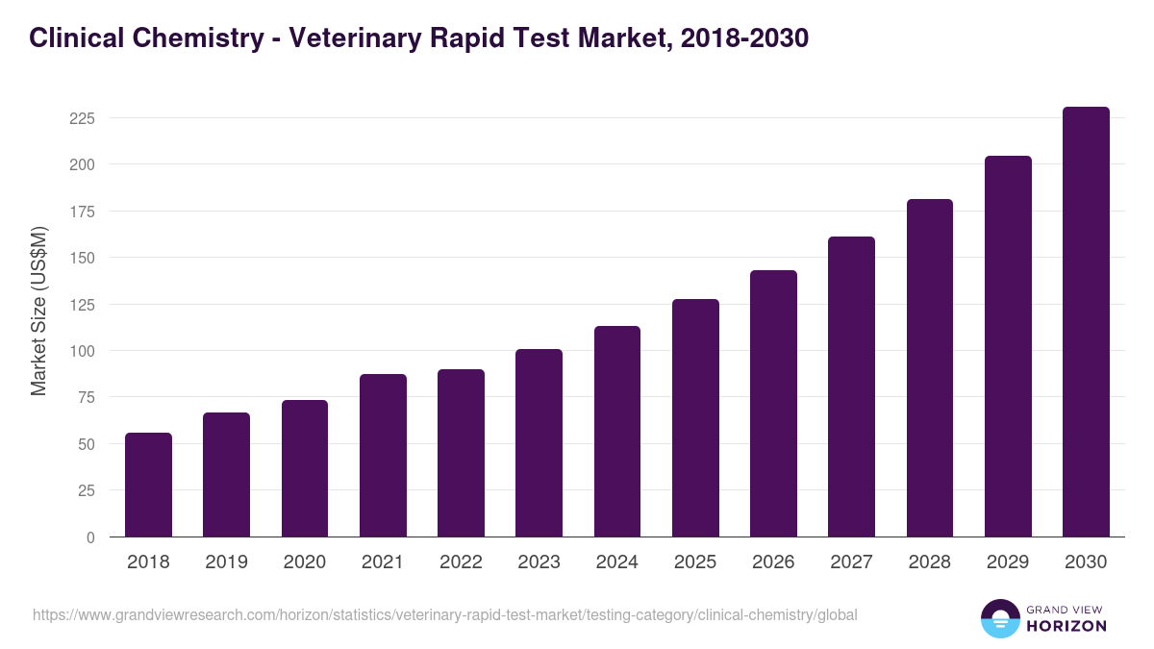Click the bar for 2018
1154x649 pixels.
148,485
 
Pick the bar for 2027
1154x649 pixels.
851,387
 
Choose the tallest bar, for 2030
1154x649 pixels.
1086,321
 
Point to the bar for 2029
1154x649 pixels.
1008,346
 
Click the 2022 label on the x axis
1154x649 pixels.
461,562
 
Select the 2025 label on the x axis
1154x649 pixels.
695,562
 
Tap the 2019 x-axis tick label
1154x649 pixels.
226,562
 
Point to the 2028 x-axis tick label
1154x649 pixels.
930,562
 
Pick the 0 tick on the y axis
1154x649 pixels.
90,537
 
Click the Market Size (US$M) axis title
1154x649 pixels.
38,311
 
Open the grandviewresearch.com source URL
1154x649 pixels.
444,614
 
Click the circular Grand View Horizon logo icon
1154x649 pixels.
999,618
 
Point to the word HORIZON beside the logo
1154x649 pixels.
1066,626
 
